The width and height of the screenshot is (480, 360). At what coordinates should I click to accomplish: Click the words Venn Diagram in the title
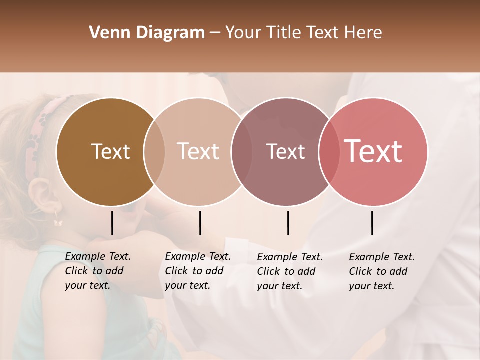click(147, 33)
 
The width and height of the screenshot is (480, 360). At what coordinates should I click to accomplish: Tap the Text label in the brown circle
click(110, 151)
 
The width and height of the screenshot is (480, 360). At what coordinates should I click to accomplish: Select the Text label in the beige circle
click(198, 151)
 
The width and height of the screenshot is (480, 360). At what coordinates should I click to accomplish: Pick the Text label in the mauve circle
click(285, 151)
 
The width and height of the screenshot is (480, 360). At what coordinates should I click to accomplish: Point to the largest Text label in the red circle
click(373, 151)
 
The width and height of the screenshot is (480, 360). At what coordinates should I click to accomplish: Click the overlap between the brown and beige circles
click(154, 151)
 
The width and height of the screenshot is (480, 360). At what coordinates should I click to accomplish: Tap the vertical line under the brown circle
click(112, 223)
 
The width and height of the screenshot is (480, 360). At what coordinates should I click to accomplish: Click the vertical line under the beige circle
click(200, 223)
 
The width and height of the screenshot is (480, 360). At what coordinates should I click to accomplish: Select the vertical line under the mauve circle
click(288, 223)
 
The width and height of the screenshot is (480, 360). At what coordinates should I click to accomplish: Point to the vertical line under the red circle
click(372, 223)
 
